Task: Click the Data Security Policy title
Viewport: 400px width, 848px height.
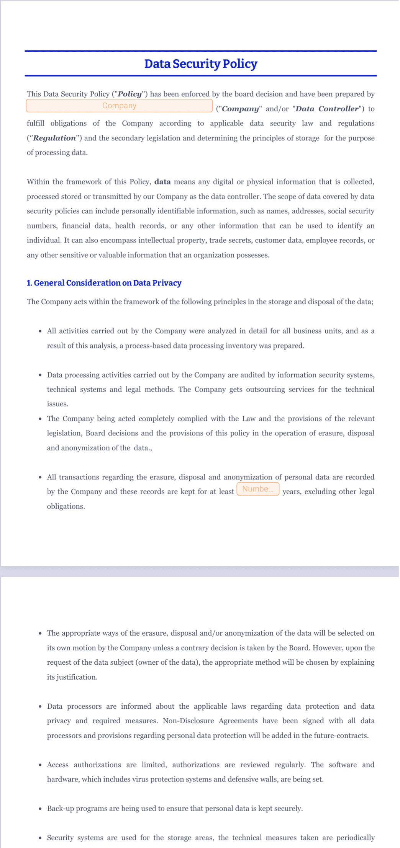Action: pos(200,64)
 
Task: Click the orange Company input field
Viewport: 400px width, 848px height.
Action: pos(119,106)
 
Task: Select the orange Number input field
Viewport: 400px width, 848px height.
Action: pos(258,489)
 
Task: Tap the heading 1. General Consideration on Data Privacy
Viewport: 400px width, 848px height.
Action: pos(104,283)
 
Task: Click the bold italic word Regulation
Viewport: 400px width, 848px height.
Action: pos(54,138)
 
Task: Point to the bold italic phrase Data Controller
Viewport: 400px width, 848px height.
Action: pos(327,109)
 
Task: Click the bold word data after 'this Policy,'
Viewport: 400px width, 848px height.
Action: pos(162,182)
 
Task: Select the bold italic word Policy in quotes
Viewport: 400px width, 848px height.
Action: pos(130,94)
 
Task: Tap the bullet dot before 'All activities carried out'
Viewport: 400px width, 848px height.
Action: pos(40,331)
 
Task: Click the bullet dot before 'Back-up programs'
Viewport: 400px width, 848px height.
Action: pos(40,809)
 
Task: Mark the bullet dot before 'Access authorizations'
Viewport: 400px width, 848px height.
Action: pos(40,765)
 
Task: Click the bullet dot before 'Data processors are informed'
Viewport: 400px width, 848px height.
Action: pos(40,706)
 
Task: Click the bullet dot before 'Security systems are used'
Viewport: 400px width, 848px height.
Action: pos(40,838)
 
